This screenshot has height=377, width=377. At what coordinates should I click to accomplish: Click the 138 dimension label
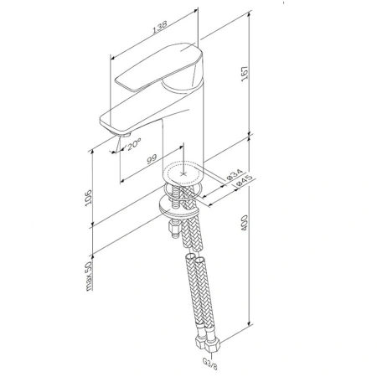tap(160, 28)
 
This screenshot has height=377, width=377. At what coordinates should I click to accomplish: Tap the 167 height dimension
tap(245, 74)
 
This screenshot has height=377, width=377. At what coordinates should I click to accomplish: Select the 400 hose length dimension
tap(244, 223)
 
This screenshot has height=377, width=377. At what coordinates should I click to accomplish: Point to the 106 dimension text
tap(88, 198)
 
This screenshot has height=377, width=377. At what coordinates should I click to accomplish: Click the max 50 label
tap(89, 276)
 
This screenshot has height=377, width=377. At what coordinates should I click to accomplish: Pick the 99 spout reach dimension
tap(152, 159)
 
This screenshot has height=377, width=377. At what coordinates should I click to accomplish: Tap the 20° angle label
tap(134, 144)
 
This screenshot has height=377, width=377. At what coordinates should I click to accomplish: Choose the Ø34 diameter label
tap(234, 175)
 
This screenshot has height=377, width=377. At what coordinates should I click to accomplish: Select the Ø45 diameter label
tap(244, 181)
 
